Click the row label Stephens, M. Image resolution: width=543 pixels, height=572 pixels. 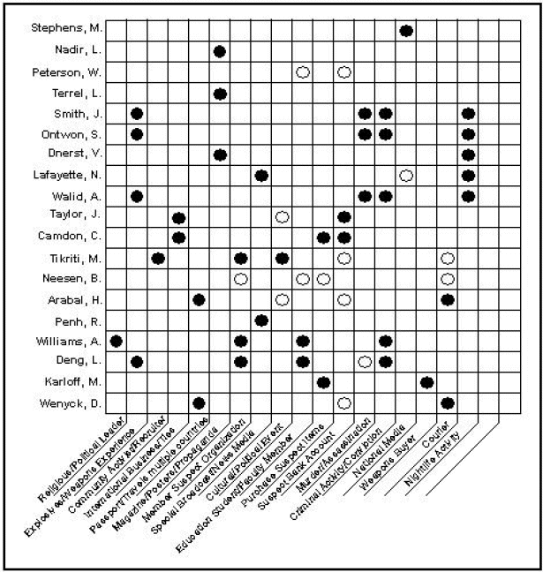tap(70, 31)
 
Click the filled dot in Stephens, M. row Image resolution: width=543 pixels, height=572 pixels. tap(406, 31)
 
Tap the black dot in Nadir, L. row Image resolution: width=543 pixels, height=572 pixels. tap(220, 51)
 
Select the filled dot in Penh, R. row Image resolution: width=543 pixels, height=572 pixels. tap(261, 320)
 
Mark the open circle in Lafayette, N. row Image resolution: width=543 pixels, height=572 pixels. tap(406, 176)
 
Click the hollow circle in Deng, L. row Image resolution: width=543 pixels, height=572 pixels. tap(365, 361)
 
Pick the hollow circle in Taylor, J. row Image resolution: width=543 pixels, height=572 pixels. tap(282, 217)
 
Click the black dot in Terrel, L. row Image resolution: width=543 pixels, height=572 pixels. tap(220, 93)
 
